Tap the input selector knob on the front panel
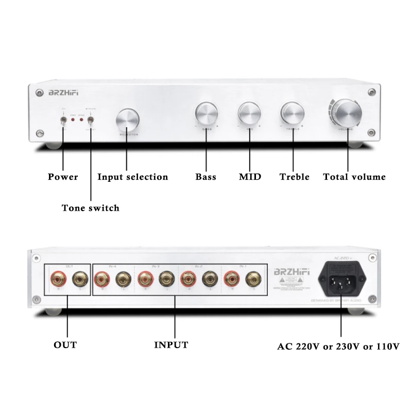pos(127,120)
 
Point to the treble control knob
pos(291,113)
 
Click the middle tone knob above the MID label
pos(249,113)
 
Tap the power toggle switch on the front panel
pos(63,122)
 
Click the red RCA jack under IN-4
pos(100,281)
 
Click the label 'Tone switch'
pos(90,208)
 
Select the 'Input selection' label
pos(133,177)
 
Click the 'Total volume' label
pos(354,177)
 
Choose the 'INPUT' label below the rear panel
pos(171,345)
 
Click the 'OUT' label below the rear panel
pos(65,345)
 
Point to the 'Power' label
pos(63,177)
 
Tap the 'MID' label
pos(250,177)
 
